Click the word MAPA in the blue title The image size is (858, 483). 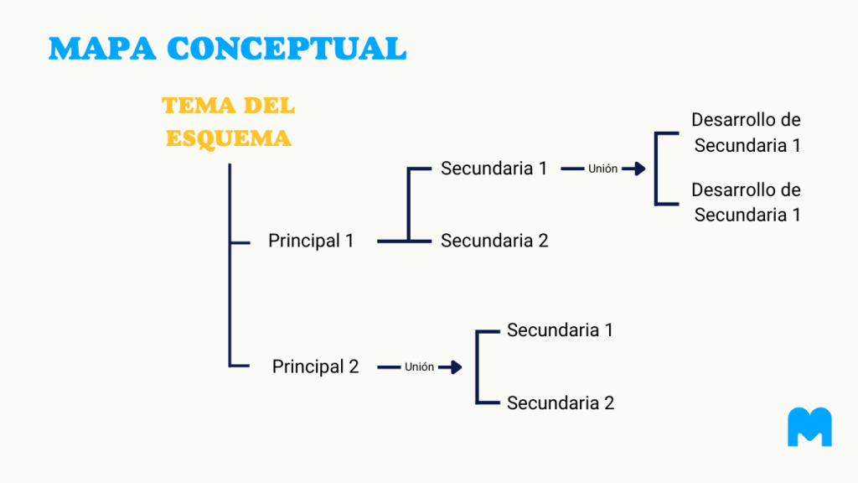[102, 48]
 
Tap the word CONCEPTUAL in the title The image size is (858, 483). [287, 48]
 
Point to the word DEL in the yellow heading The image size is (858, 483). [269, 105]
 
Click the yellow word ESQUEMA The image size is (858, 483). [229, 138]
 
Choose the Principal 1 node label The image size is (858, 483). [311, 241]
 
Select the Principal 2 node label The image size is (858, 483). [315, 366]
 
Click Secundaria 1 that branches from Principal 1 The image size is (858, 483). [494, 168]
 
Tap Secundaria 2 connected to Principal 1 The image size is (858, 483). [494, 241]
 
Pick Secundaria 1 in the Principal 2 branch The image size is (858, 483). [560, 330]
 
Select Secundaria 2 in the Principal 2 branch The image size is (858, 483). [561, 403]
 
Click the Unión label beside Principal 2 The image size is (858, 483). [419, 367]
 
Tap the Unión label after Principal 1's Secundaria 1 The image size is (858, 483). [602, 169]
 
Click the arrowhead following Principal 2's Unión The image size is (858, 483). [455, 367]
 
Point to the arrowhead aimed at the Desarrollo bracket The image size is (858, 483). [639, 169]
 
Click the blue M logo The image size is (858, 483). [810, 427]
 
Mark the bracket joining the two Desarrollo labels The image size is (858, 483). [656, 169]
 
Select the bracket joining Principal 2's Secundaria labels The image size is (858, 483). [477, 367]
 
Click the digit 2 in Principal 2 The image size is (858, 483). [354, 366]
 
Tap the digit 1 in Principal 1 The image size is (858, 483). [349, 241]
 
